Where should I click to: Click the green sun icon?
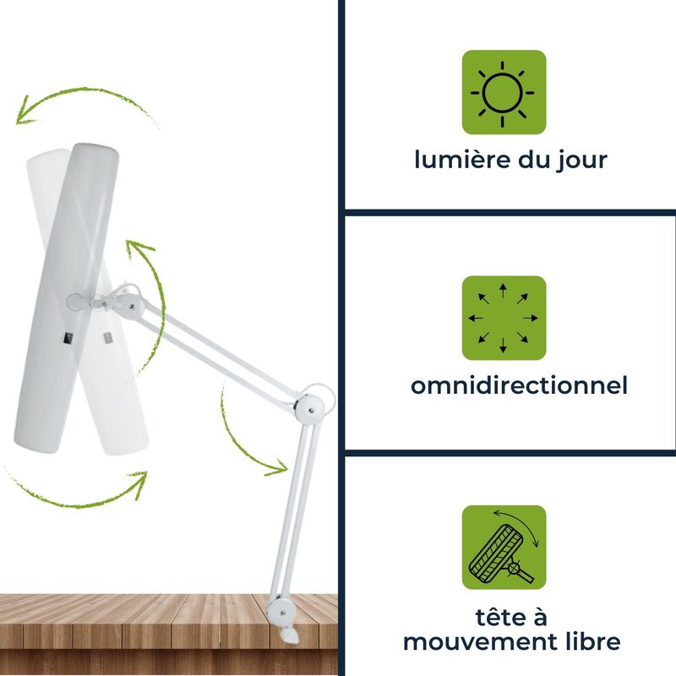pos(504,92)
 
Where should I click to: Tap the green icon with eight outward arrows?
pos(504,319)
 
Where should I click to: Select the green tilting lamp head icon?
pos(504,548)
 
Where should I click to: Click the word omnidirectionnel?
pos(519,385)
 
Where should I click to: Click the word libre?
pos(593,641)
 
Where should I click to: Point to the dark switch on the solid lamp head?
pos(68,339)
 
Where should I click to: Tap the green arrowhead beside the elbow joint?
pos(278,468)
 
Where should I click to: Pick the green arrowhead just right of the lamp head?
pos(137,247)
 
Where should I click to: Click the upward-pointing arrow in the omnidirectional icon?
pos(503,291)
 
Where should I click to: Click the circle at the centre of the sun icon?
pos(503,93)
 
